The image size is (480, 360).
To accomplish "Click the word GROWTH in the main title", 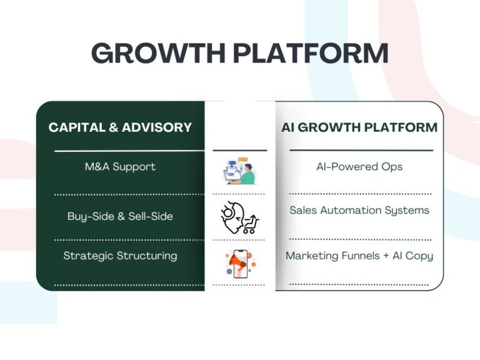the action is click(159, 53).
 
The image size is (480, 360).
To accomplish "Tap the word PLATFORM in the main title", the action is click(311, 53).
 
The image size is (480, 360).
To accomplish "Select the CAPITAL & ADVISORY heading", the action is click(120, 127).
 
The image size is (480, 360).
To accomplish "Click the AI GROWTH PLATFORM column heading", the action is click(359, 127).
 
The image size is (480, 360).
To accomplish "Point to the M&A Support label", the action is click(120, 166).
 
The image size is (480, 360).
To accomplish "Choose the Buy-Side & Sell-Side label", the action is click(120, 216).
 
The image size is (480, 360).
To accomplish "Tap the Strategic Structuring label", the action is click(120, 256).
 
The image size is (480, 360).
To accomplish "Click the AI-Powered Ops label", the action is click(359, 166).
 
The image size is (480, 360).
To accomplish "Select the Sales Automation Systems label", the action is click(359, 210).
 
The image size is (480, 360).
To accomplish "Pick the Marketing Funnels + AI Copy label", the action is click(359, 256).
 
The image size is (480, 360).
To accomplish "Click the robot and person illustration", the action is click(239, 171).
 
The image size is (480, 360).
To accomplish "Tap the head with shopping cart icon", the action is click(240, 217).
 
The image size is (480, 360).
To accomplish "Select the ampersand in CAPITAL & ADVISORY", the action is click(113, 127).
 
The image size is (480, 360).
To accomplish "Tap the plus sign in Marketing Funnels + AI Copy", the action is click(386, 256).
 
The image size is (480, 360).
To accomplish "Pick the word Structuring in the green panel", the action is click(147, 256).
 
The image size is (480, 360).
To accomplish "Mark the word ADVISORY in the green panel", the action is click(157, 127).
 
